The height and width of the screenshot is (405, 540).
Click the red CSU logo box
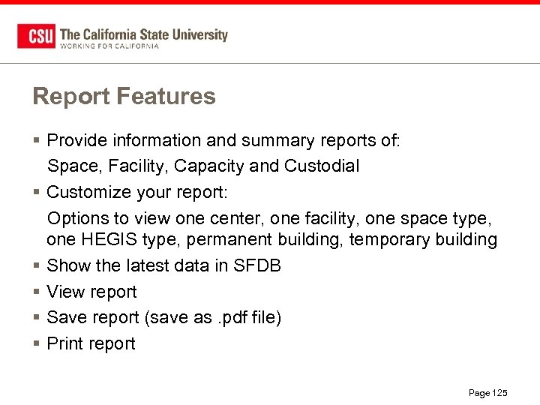point(36,36)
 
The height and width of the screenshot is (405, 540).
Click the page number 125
point(499,393)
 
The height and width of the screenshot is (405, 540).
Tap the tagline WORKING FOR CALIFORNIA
point(109,46)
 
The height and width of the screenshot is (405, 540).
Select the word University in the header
point(199,34)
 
